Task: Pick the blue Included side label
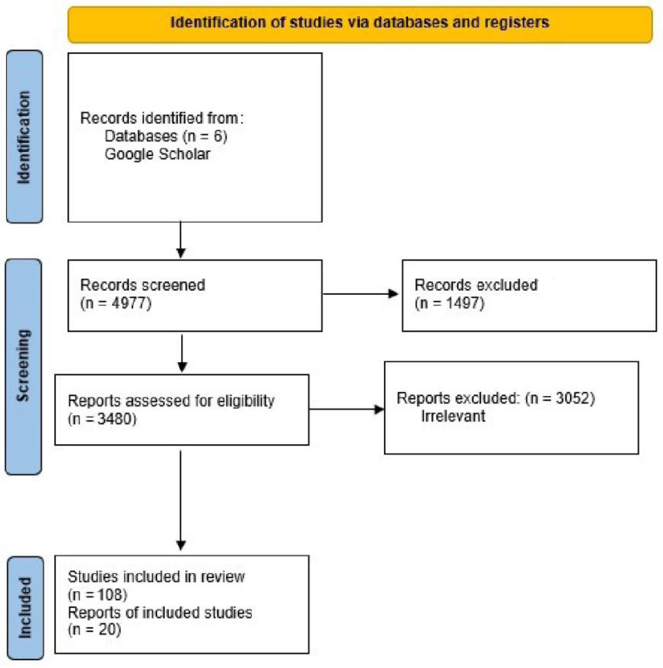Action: point(25,607)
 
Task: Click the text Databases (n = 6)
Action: point(166,136)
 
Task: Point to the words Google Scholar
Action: point(157,154)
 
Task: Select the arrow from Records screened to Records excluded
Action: point(359,294)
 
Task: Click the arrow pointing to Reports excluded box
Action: point(346,410)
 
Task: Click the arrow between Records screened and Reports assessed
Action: point(182,353)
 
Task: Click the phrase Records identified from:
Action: point(162,118)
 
